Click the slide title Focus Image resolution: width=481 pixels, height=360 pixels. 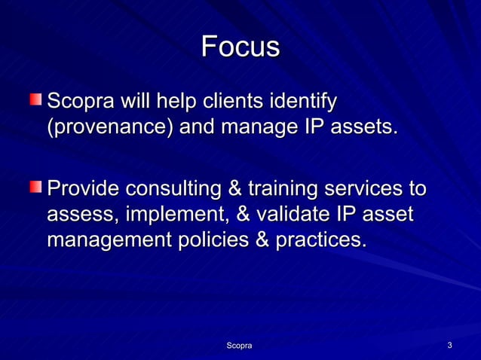pyautogui.click(x=240, y=47)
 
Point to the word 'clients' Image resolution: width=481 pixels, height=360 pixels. pyautogui.click(x=232, y=101)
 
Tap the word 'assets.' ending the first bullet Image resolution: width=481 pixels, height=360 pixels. pyautogui.click(x=357, y=127)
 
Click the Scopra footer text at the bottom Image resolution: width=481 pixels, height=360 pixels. pyautogui.click(x=240, y=345)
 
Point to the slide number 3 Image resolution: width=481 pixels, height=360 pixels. pyautogui.click(x=449, y=345)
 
